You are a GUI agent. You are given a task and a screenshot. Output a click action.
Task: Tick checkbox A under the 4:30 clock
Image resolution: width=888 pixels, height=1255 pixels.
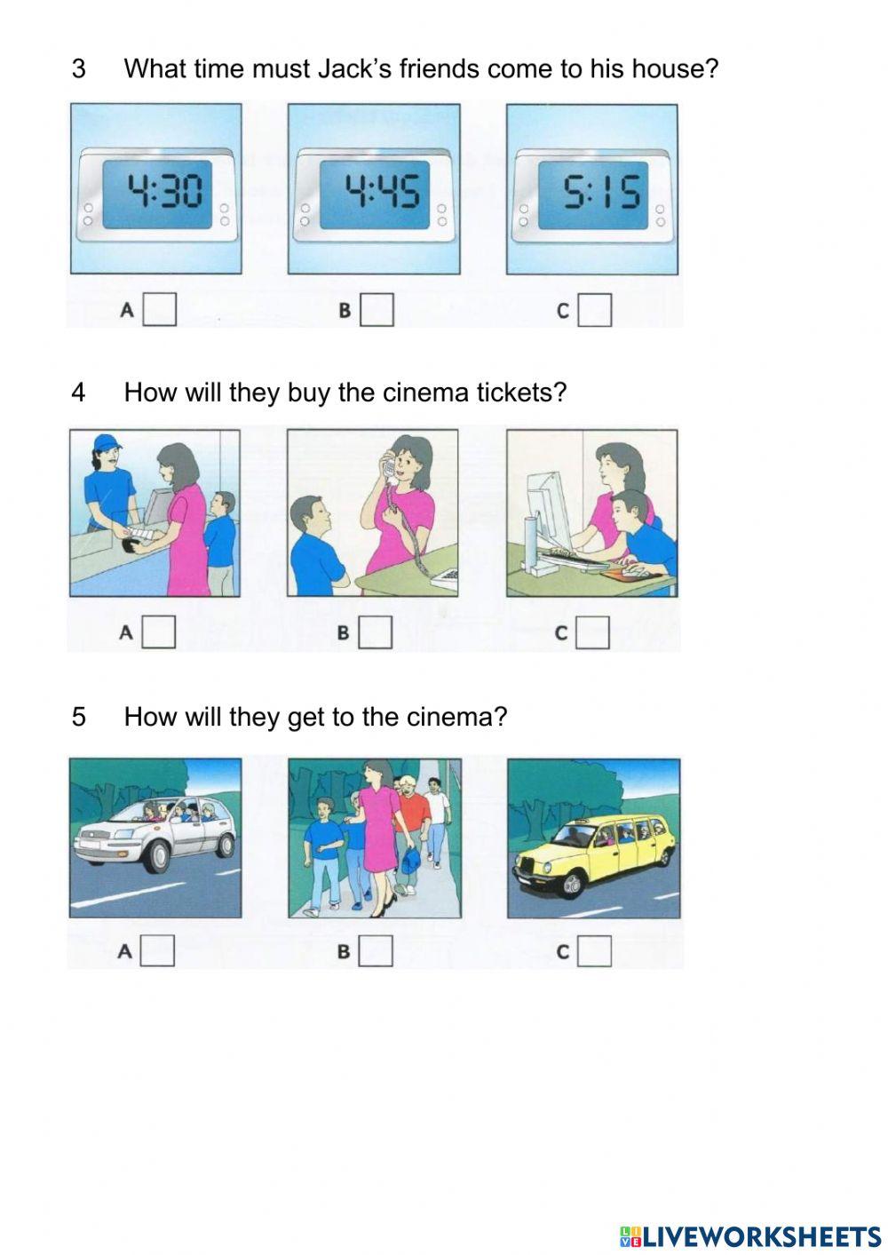pyautogui.click(x=160, y=309)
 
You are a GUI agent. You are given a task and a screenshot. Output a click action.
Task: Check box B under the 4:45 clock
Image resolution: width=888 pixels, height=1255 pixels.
pyautogui.click(x=377, y=309)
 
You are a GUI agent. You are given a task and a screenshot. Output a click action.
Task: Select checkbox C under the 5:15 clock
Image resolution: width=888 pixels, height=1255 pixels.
pyautogui.click(x=595, y=310)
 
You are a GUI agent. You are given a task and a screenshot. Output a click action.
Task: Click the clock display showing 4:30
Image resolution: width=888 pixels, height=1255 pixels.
pyautogui.click(x=157, y=195)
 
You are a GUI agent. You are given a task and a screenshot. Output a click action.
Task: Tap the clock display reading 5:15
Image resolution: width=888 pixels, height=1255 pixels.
pyautogui.click(x=593, y=195)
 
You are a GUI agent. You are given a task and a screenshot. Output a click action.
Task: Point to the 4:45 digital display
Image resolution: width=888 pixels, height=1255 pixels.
pyautogui.click(x=375, y=195)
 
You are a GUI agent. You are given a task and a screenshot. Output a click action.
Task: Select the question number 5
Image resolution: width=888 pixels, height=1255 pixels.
pyautogui.click(x=79, y=717)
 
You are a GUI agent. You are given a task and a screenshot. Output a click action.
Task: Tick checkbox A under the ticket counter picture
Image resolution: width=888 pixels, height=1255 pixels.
pyautogui.click(x=159, y=632)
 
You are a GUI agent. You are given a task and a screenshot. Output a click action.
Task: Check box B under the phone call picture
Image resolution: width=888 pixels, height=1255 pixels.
pyautogui.click(x=376, y=632)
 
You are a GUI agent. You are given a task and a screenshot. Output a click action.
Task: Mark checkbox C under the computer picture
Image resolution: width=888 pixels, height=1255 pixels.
pyautogui.click(x=593, y=633)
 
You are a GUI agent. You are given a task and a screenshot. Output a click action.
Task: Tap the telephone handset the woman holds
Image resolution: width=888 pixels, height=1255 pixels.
pyautogui.click(x=389, y=467)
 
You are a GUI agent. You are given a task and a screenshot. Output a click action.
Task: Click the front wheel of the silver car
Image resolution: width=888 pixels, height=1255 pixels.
pyautogui.click(x=159, y=856)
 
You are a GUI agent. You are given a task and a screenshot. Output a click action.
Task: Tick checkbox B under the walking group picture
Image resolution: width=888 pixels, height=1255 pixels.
pyautogui.click(x=376, y=950)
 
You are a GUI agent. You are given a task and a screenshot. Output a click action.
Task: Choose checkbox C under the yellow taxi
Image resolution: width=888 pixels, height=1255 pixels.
pyautogui.click(x=594, y=950)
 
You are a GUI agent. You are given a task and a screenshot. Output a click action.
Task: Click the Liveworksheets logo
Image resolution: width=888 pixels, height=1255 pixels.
pyautogui.click(x=750, y=1236)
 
